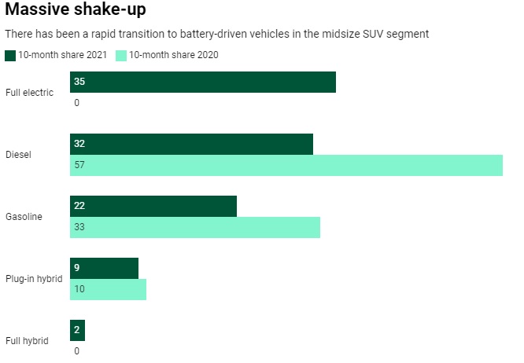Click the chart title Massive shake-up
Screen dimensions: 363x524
tap(75, 11)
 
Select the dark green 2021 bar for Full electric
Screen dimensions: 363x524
tap(203, 82)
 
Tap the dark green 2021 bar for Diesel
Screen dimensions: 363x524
tap(191, 144)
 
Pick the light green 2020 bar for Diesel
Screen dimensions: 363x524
tap(286, 165)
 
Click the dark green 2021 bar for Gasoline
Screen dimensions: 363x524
tap(153, 206)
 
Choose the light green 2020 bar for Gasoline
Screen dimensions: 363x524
tap(195, 227)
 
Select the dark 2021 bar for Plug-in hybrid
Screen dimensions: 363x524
tap(104, 268)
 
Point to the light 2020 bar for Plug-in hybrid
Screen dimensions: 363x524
tap(108, 289)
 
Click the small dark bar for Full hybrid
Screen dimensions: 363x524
tap(77, 330)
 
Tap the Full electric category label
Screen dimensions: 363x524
tap(29, 93)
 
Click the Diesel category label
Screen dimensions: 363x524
tap(18, 155)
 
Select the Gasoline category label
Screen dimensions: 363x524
tap(24, 216)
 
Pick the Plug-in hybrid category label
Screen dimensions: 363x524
tap(33, 278)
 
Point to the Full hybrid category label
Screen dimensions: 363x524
tap(27, 340)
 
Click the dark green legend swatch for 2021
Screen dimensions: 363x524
tap(10, 55)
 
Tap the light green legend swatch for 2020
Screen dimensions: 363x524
tap(121, 55)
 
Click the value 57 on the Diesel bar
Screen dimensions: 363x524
tap(79, 165)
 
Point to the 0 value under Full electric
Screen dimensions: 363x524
tap(76, 103)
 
